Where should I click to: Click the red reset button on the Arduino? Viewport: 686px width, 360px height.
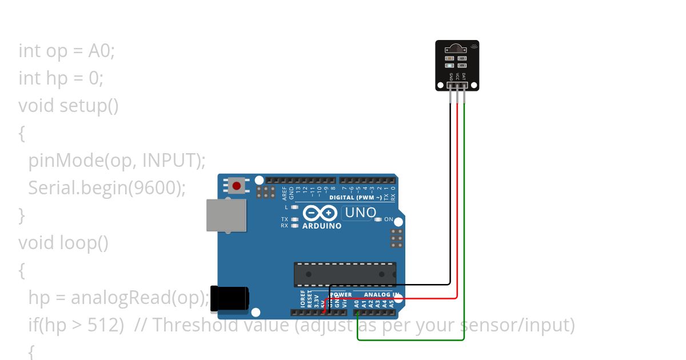tap(237, 186)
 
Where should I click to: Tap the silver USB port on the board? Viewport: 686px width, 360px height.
tap(226, 215)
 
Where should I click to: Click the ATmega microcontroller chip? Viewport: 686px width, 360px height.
tap(345, 274)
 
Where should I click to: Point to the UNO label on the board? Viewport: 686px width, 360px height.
tap(360, 213)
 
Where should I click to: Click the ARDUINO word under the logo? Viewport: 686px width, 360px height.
tap(321, 226)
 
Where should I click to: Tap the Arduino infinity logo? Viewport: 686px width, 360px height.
tap(320, 213)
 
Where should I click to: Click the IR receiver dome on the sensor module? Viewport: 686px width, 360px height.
tap(457, 46)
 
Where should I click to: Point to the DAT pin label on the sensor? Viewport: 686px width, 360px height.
tap(464, 76)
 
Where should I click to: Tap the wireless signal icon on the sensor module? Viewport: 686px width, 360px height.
tap(474, 45)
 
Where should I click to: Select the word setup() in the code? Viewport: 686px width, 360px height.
tap(89, 106)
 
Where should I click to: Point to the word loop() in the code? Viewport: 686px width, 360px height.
tap(84, 243)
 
